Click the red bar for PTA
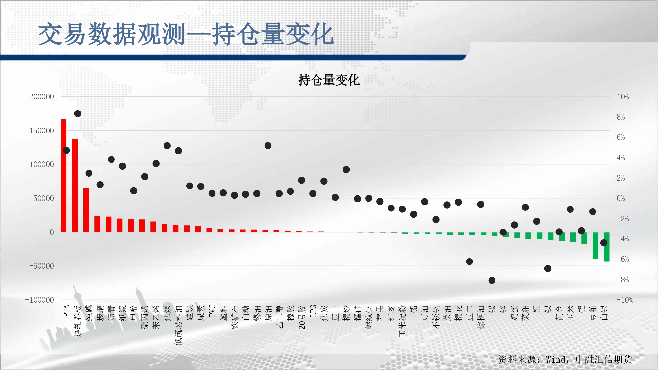point(64,176)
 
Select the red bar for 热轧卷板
point(75,185)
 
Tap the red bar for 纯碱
point(86,210)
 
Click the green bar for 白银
point(607,247)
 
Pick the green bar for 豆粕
point(595,246)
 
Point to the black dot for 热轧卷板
point(78,114)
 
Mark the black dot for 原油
point(268,146)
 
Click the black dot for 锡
point(492,280)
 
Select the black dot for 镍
point(548,269)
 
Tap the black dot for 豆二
point(469,262)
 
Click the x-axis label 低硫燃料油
point(178,325)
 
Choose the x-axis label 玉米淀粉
point(402,321)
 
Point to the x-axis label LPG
point(313,311)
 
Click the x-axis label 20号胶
point(302,317)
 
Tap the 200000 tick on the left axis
point(41,97)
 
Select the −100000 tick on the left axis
point(39,300)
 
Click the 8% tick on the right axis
point(621,117)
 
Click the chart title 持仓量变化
point(329,80)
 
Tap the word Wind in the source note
point(556,359)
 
